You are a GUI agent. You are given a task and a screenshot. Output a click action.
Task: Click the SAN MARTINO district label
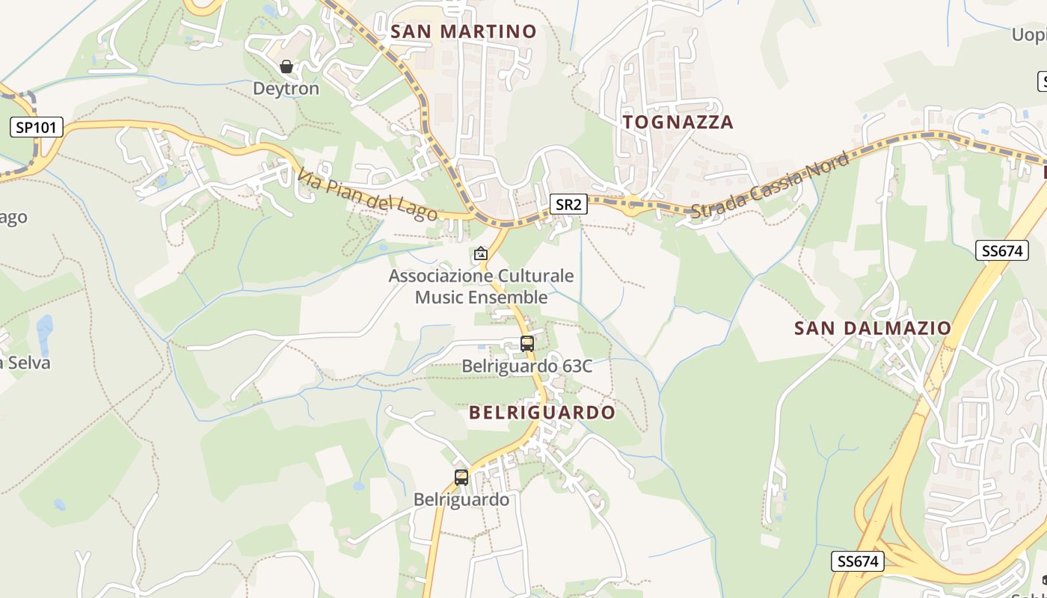point(464,31)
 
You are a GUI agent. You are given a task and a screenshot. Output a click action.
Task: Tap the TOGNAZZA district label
point(678,122)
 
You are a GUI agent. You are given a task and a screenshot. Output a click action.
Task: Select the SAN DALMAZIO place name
point(872,328)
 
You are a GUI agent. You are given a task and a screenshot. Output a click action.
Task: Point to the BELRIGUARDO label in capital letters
point(542,412)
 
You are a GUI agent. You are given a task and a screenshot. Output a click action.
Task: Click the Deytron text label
point(286,88)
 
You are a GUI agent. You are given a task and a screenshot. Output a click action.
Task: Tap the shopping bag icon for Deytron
point(286,67)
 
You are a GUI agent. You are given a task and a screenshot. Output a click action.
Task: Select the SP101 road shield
point(36,127)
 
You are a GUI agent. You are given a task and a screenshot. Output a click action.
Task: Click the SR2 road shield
point(568,204)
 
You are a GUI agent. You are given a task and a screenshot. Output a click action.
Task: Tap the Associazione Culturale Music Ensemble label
point(481,286)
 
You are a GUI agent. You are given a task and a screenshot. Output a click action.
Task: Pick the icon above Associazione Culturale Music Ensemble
point(480,254)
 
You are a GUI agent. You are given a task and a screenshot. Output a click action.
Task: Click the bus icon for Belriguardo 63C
point(527,344)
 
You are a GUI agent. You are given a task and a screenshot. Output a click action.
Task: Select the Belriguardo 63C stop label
point(526,366)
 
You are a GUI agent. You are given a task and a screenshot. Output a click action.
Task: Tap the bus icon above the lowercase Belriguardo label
point(461,477)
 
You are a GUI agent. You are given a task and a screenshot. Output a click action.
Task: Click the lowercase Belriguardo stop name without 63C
point(461,499)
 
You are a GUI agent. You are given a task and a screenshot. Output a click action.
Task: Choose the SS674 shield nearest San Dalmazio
point(1001,250)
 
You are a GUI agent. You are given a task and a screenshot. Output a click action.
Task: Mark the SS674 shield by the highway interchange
point(857,561)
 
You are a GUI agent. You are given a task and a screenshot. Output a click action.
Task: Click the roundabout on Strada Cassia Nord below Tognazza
point(633,204)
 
